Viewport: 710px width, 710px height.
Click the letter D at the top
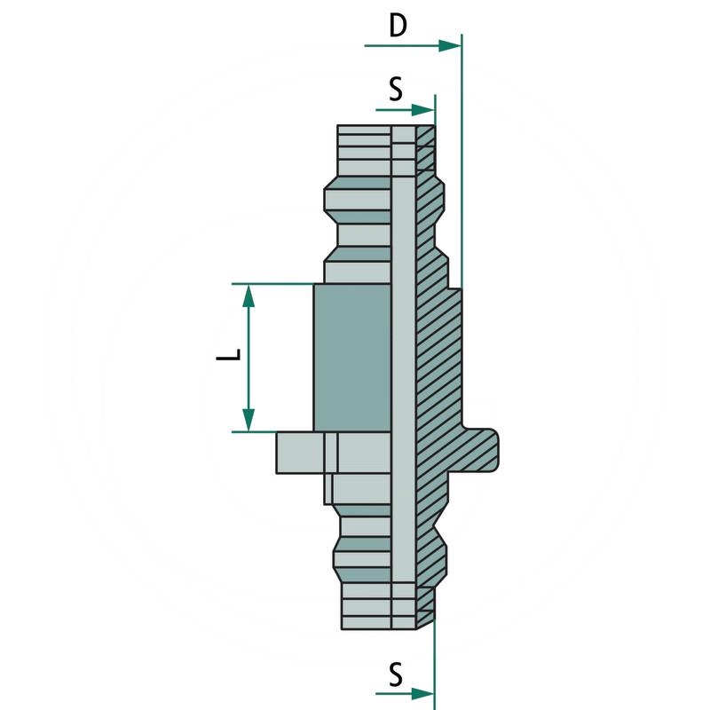(x=398, y=26)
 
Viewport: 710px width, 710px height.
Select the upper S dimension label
(x=396, y=89)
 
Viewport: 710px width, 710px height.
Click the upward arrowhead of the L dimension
(x=249, y=296)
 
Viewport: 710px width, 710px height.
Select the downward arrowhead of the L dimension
(x=249, y=419)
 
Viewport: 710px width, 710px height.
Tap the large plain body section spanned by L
(x=352, y=357)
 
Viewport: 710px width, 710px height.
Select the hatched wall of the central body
(x=438, y=355)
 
